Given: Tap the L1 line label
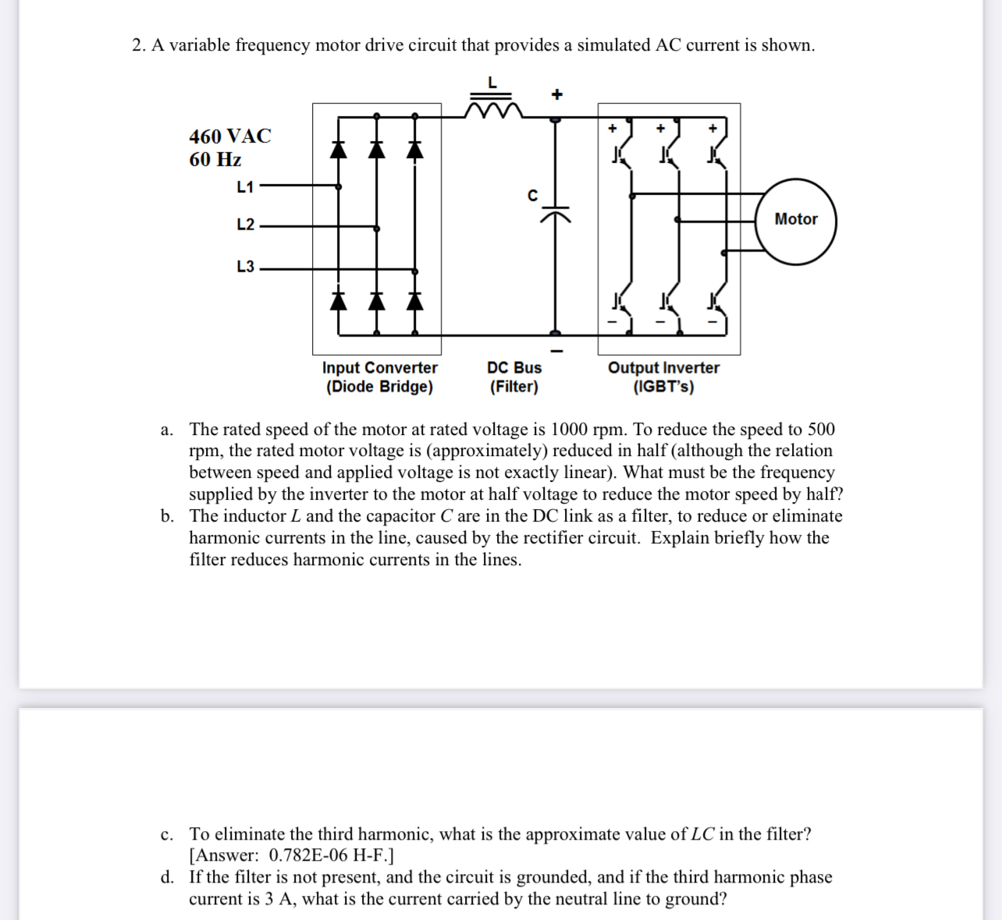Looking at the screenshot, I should point(245,186).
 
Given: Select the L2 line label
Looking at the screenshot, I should point(245,225).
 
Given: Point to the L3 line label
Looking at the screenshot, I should point(245,266).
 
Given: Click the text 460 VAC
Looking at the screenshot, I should point(229,136).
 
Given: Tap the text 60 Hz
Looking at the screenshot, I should point(215,160).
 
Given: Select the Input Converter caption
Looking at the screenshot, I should point(379,367).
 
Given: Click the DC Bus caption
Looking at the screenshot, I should point(513,367).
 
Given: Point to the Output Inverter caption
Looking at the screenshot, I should point(663,367).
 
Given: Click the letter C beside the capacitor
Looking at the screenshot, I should point(532,195).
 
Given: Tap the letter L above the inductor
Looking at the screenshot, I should point(492,82).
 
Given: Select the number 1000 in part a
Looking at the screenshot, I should point(569,430).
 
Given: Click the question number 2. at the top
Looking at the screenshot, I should point(139,45).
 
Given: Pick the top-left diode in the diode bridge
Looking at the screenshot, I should point(338,148).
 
